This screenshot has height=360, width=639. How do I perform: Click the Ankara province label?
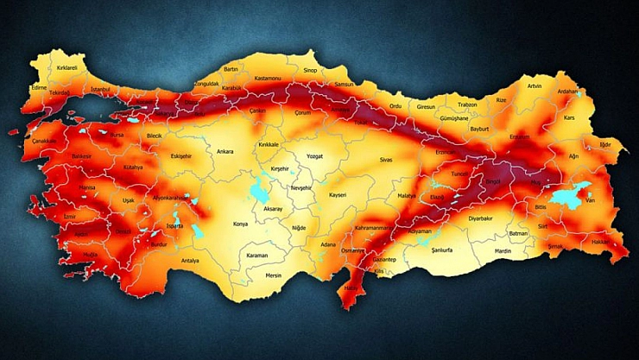pyautogui.click(x=225, y=150)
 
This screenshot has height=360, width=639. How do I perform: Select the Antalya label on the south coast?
pyautogui.click(x=190, y=260)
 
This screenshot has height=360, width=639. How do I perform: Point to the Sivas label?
pyautogui.click(x=385, y=160)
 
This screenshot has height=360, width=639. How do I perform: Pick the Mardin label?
pyautogui.click(x=503, y=251)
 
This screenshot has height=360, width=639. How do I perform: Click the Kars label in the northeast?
pyautogui.click(x=568, y=117)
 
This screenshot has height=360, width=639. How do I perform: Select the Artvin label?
pyautogui.click(x=535, y=85)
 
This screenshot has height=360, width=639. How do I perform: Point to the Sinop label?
pyautogui.click(x=310, y=70)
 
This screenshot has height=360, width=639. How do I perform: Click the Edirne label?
pyautogui.click(x=39, y=87)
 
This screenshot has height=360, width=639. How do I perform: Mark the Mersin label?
pyautogui.click(x=274, y=275)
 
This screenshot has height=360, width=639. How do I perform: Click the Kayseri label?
pyautogui.click(x=337, y=195)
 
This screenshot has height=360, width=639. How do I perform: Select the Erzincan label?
pyautogui.click(x=446, y=152)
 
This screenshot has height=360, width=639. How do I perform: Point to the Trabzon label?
pyautogui.click(x=468, y=104)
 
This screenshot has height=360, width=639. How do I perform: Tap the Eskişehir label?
pyautogui.click(x=180, y=156)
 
